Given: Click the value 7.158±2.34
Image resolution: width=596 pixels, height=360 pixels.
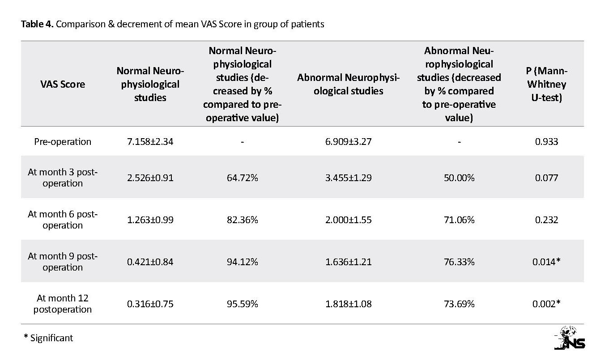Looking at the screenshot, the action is (150, 142).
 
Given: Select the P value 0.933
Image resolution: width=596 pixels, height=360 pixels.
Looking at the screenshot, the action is (546, 142).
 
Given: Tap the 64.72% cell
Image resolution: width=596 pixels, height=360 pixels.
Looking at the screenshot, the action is (243, 178).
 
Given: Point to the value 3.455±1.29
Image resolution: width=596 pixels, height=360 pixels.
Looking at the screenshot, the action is (348, 178).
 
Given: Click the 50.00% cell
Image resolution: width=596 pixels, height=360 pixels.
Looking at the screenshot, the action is (459, 178).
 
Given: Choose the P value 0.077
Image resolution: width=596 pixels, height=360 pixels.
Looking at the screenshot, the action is (546, 178).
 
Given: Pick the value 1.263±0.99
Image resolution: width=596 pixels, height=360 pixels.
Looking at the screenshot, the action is (150, 220).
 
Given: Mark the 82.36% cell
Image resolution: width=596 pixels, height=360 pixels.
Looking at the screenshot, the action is (243, 220).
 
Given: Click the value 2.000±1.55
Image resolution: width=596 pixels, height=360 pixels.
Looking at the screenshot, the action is (348, 220).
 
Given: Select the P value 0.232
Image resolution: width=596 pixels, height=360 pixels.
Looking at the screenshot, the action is (546, 220).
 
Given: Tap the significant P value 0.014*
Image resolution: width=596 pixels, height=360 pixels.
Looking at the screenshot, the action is (546, 262).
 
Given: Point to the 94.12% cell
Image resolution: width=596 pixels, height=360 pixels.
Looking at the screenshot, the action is (243, 262).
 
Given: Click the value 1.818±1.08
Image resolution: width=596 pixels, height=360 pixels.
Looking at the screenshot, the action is (348, 304).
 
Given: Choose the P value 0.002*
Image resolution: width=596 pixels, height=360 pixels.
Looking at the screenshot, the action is (546, 304).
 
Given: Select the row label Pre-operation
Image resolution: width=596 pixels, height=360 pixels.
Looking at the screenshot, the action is (63, 142).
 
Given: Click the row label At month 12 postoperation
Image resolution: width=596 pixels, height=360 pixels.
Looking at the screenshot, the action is (63, 304).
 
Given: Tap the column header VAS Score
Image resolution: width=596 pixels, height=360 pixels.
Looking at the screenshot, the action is (63, 84).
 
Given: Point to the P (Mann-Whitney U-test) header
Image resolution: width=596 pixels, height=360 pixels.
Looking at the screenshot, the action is (546, 84).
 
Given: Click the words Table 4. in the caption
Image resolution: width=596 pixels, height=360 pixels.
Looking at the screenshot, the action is (37, 24).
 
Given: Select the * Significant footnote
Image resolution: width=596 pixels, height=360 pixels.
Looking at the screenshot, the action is (48, 338).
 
